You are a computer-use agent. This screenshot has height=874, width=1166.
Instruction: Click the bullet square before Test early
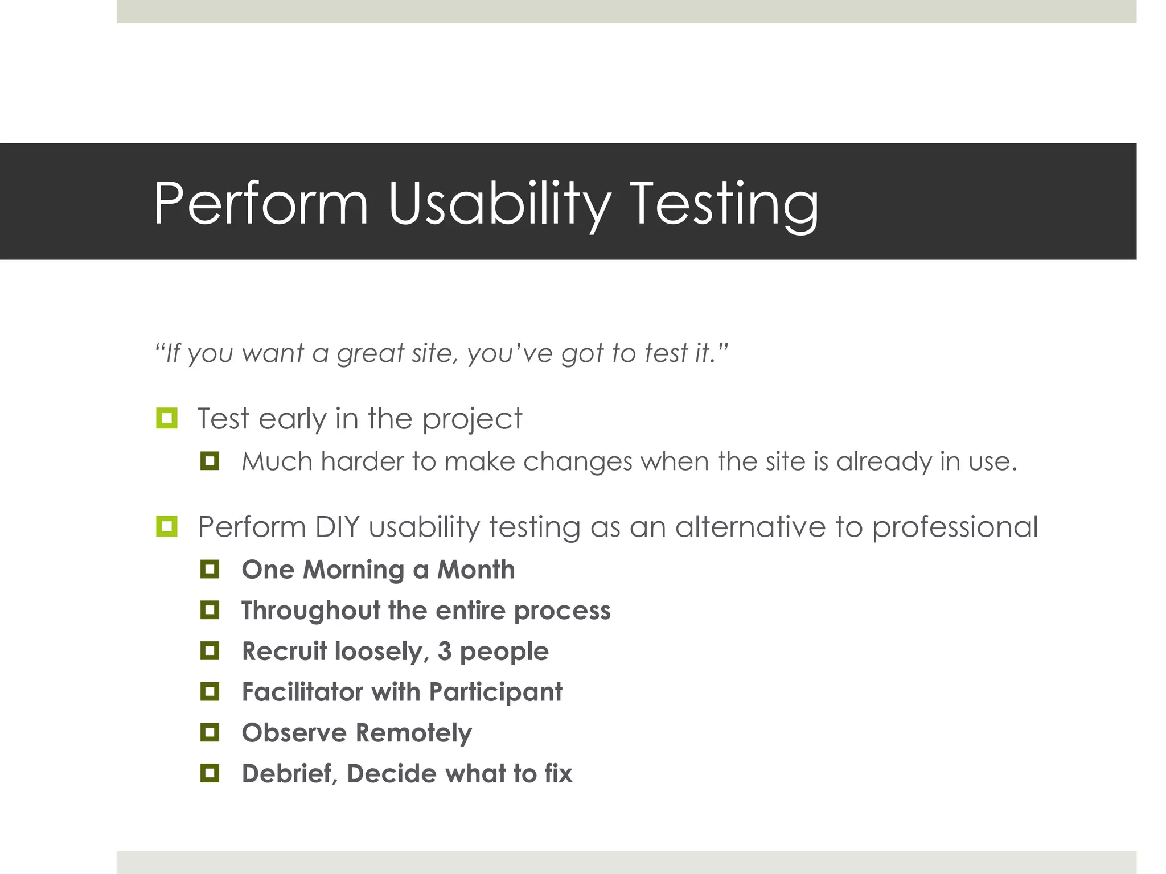[x=166, y=418]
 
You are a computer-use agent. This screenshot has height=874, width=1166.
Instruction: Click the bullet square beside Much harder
[x=210, y=460]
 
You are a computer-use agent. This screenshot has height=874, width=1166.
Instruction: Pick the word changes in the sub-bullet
[x=577, y=461]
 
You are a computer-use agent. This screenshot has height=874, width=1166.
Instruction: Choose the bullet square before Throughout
[x=210, y=610]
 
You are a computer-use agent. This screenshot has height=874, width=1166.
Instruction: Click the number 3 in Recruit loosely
[x=445, y=651]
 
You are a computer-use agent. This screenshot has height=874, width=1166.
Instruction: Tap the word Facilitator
[x=302, y=692]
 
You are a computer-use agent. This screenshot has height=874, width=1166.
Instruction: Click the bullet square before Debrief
[x=210, y=773]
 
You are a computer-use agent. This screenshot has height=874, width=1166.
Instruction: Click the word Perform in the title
[x=261, y=204]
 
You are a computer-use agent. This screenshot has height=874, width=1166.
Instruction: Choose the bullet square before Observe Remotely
[x=210, y=732]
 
